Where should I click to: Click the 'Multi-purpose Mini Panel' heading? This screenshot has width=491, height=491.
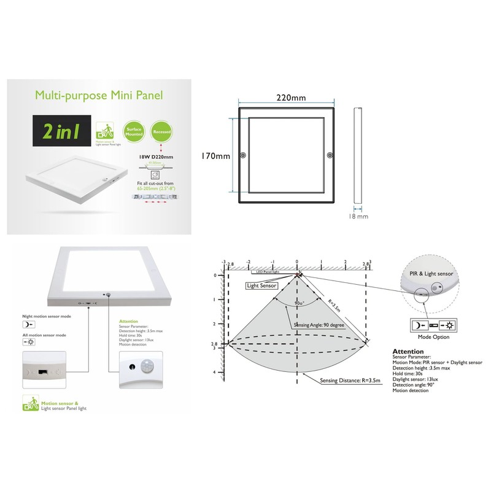pyautogui.click(x=98, y=95)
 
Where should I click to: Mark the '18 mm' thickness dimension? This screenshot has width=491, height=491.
pyautogui.click(x=358, y=216)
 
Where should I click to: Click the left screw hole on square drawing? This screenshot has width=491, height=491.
pyautogui.click(x=244, y=156)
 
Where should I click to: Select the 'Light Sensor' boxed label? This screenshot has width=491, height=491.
pyautogui.click(x=261, y=285)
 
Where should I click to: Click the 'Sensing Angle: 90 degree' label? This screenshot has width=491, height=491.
pyautogui.click(x=320, y=325)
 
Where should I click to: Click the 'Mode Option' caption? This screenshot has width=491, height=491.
pyautogui.click(x=433, y=337)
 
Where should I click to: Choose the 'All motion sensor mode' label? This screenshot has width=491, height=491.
pyautogui.click(x=44, y=335)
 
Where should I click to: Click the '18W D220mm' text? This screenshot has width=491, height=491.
pyautogui.click(x=153, y=157)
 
